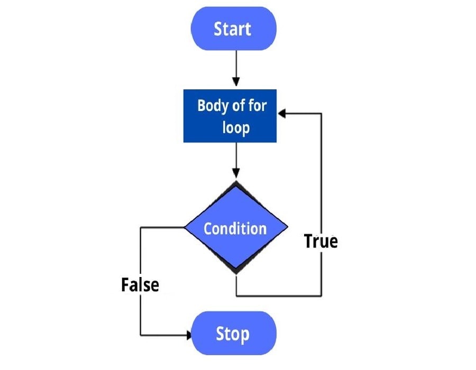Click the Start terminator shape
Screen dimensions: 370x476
233,29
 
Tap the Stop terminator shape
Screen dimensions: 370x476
233,334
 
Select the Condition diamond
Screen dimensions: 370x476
235,228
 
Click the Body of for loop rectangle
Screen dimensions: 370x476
230,116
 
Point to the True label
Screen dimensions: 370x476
321,241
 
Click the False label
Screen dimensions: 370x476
140,285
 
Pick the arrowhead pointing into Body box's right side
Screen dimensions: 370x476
282,113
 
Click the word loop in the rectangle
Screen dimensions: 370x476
236,127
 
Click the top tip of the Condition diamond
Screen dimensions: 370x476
235,182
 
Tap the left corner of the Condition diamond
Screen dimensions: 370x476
185,228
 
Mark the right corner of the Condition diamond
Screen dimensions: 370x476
288,228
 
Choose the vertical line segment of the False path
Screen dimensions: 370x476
140,254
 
